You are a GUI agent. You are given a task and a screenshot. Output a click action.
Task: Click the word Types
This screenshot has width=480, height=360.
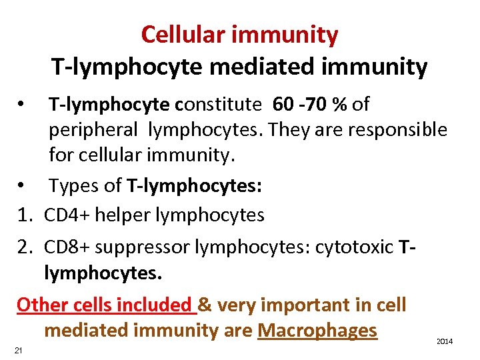[75, 186]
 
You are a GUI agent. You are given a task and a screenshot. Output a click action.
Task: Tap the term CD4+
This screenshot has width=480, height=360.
[67, 215]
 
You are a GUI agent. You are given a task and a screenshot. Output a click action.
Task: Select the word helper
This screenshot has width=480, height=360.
[123, 215]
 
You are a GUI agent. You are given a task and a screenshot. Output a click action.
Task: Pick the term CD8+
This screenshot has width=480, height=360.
[67, 247]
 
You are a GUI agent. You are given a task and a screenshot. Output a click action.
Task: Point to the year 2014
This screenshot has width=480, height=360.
[445, 341]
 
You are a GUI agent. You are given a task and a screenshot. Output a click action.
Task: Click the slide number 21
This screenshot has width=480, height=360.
[18, 351]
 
